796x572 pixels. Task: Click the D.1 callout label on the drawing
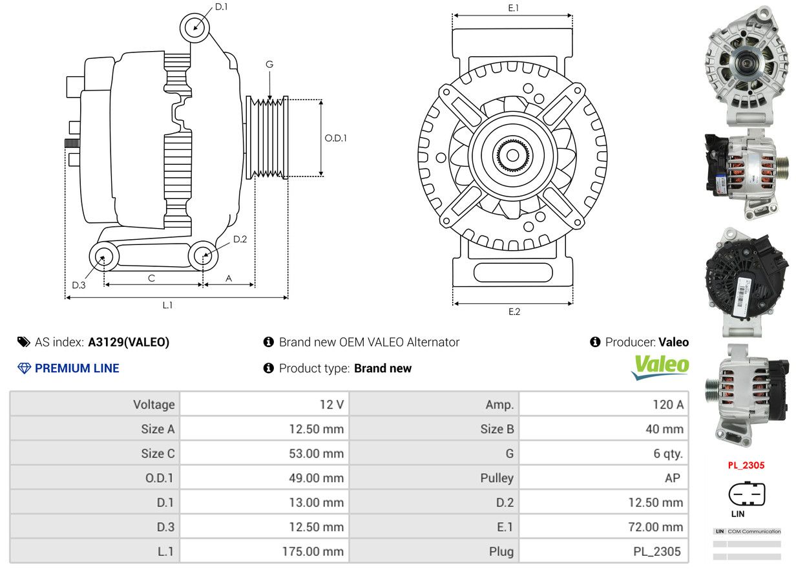coord(222,6)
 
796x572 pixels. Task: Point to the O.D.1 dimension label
coord(335,138)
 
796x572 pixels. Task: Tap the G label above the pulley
coord(269,65)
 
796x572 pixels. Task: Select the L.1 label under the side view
coord(167,305)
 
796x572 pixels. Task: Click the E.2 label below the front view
coord(514,312)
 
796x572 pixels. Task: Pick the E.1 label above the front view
coord(514,8)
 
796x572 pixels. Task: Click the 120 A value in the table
coord(668,405)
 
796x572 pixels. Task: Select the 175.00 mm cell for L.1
coord(313,551)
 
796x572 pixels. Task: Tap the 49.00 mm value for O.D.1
coord(317,478)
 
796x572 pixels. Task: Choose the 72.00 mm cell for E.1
coord(656,527)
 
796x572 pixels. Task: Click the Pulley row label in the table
coord(497,478)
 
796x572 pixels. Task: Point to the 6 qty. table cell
coord(668,454)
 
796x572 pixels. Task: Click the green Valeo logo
coord(660,367)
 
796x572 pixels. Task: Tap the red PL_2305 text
coord(746,465)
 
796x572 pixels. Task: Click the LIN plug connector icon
coord(746,493)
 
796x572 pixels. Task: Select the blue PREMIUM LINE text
coord(77,368)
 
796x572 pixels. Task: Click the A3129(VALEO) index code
coord(129,343)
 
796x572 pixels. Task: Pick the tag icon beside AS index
coord(24,342)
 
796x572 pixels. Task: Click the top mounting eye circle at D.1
coord(194,28)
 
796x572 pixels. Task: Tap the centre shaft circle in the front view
coord(512,155)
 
